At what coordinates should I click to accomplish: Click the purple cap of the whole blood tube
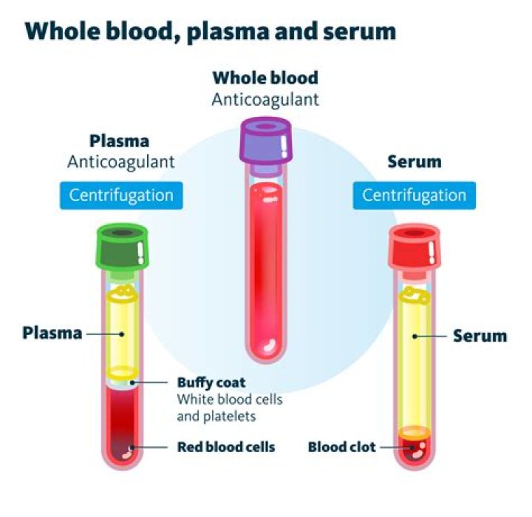tap(266, 141)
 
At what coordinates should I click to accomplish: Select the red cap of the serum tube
tap(413, 247)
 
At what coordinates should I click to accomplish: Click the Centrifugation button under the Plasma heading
tap(121, 195)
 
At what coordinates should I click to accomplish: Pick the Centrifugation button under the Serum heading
tap(414, 195)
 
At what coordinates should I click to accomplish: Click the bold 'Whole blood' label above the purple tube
tap(265, 78)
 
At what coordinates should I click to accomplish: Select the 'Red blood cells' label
tap(226, 447)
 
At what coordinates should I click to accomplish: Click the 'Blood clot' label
tap(341, 447)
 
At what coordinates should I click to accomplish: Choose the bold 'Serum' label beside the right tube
tap(480, 336)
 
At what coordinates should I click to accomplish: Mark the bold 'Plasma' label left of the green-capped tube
tap(51, 332)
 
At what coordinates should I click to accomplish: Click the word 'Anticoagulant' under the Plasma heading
tap(121, 160)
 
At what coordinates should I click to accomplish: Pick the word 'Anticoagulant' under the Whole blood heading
tap(265, 98)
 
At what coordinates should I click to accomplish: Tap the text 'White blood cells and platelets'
tap(229, 408)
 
